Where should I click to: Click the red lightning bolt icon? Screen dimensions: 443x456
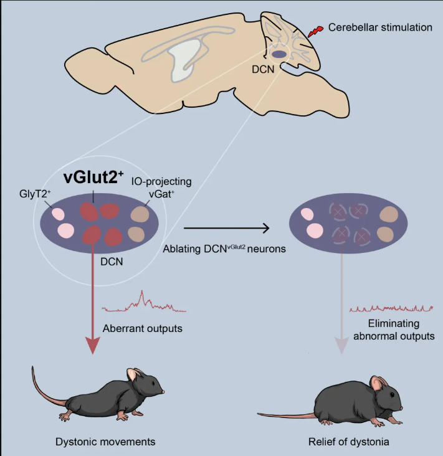click(x=315, y=31)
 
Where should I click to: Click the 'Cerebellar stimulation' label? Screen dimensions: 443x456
click(x=380, y=27)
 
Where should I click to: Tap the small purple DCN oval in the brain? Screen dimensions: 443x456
click(x=279, y=54)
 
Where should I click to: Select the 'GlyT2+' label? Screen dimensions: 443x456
click(x=35, y=194)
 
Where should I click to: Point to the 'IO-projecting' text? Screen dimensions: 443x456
click(x=161, y=181)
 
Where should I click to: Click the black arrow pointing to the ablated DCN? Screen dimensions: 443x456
click(x=227, y=228)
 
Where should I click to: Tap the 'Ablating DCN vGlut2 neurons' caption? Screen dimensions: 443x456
click(x=224, y=249)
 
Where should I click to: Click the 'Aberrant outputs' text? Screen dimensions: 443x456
click(x=143, y=328)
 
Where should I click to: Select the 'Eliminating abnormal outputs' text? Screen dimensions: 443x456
click(x=394, y=330)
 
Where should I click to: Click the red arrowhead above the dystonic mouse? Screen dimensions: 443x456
click(x=93, y=346)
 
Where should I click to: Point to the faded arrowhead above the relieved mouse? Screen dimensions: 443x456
click(x=342, y=345)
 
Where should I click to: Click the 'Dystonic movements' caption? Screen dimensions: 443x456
click(x=105, y=442)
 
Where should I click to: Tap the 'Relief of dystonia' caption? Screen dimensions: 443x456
click(x=349, y=442)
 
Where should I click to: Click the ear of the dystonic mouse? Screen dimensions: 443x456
click(x=133, y=375)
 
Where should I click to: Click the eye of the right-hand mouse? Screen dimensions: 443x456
click(x=393, y=395)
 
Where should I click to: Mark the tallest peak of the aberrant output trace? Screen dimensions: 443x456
click(x=142, y=291)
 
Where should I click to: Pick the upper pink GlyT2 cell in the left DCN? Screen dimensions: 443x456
click(x=58, y=214)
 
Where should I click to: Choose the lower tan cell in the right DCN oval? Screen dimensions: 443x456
click(x=386, y=234)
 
